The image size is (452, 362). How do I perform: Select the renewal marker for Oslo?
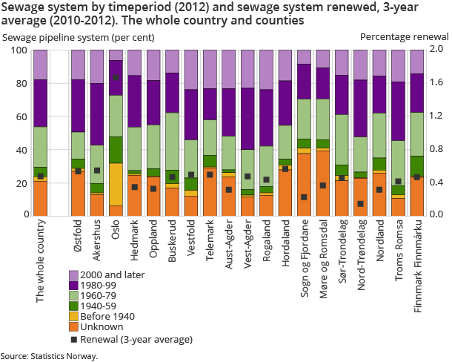click(116, 78)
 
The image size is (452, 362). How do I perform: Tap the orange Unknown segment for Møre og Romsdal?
click(322, 182)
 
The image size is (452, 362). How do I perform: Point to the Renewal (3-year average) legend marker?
click(73, 340)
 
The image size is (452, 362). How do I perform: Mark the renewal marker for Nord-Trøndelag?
click(360, 204)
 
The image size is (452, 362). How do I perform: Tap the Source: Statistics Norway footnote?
click(48, 356)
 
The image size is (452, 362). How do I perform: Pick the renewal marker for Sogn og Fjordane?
click(304, 197)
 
